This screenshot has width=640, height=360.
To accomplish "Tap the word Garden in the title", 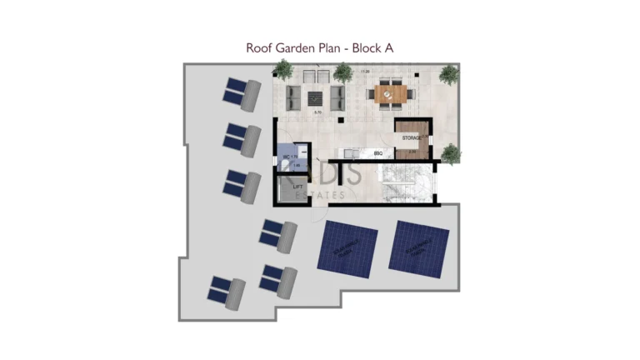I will coord(297,48).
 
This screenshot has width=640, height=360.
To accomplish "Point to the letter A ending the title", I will coord(388,48).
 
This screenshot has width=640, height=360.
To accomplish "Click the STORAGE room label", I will coord(412,137).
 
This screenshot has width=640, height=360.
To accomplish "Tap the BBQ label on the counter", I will coord(377,154).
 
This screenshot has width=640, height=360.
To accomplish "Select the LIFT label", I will coord(297,187).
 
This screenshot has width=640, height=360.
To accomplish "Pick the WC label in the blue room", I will coord(287,157).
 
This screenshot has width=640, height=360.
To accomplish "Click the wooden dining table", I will coord(388,93).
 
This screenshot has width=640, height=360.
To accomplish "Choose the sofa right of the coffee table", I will coord(337,98).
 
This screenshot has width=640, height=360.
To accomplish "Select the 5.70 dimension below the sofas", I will coord(317,112).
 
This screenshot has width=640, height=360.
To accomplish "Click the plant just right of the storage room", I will coord(451,153).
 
